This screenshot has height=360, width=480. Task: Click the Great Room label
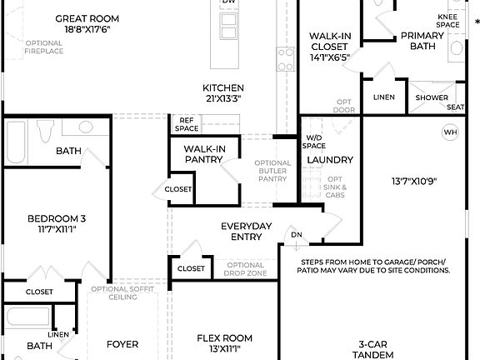point(87,17)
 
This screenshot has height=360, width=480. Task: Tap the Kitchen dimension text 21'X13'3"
point(223,99)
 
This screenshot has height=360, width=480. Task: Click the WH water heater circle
point(450,132)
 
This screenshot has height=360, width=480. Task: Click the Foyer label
point(122,344)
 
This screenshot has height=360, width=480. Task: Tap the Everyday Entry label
point(247,232)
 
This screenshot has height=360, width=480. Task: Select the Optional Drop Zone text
point(246,269)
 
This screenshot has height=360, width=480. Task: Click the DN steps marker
point(296,235)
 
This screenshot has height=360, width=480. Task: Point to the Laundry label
point(330,159)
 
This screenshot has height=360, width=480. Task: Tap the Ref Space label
point(187,124)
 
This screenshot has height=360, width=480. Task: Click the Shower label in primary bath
point(432,97)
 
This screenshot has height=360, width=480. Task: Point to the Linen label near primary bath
point(384,97)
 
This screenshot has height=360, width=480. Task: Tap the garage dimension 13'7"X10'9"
point(413,181)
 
